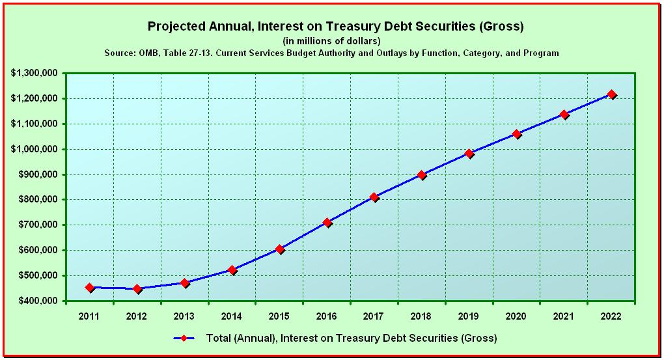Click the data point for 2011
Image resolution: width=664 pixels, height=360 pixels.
point(89,287)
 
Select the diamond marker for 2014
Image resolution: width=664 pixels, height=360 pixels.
point(232,270)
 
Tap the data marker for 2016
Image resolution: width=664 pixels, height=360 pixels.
point(327,223)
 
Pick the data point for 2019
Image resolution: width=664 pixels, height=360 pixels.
point(469,154)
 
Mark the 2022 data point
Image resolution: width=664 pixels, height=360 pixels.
point(612,94)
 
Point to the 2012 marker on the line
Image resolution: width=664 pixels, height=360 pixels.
point(137,288)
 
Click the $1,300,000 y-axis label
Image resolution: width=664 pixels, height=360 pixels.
point(34,73)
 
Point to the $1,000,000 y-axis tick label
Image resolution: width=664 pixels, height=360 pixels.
point(34,149)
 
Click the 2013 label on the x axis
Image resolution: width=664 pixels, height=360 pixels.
point(184,316)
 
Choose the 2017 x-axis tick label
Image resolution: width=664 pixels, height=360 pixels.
point(374,316)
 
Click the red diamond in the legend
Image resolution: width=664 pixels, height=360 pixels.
point(184,339)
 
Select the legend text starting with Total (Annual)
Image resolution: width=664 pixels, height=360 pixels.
point(351,339)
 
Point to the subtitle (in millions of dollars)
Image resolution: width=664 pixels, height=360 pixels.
point(331,41)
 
